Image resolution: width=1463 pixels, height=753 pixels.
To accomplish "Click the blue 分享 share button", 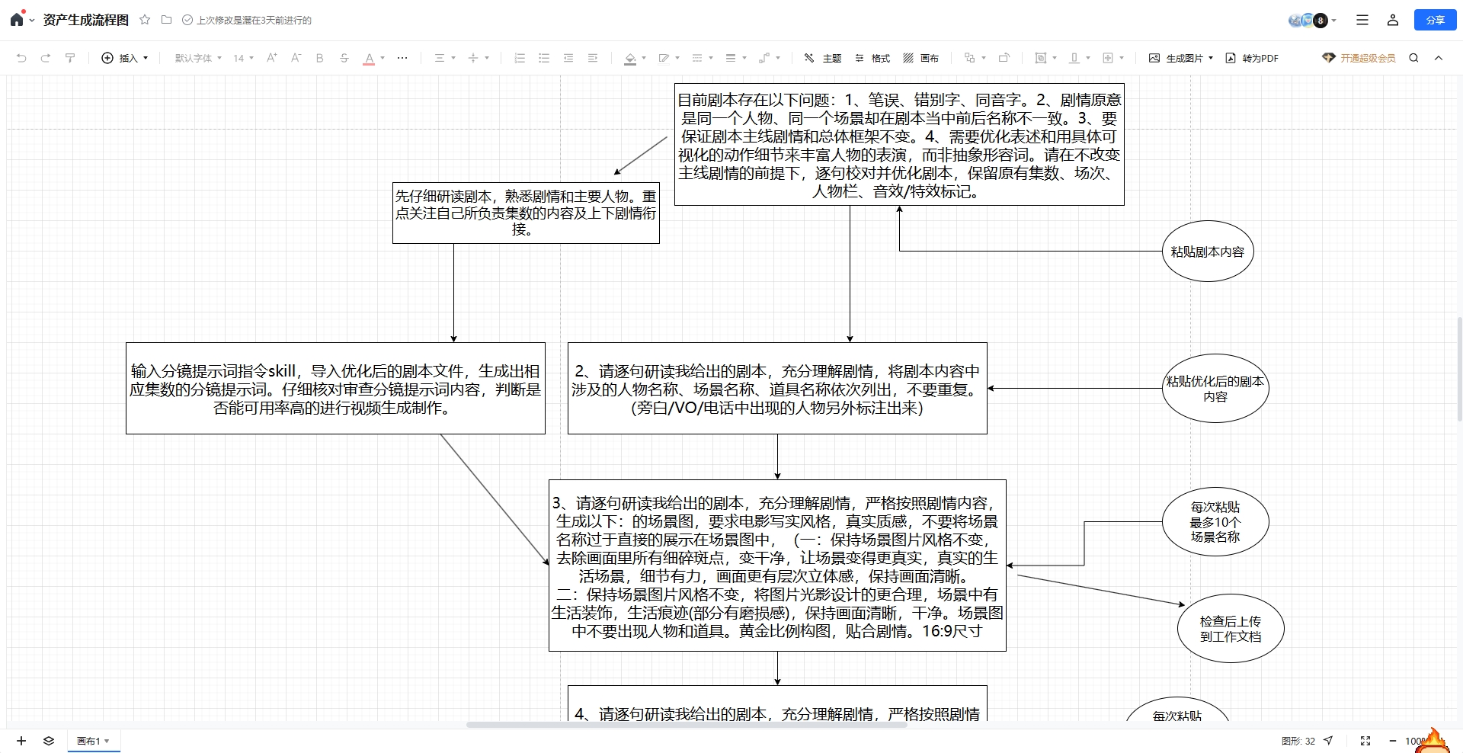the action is coord(1435,20).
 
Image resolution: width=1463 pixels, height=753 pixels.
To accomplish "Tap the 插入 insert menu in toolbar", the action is coord(125,58).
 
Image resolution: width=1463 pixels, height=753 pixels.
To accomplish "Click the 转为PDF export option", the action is coord(1252,58).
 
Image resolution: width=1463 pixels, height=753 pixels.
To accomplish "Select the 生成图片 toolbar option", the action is coord(1181,58).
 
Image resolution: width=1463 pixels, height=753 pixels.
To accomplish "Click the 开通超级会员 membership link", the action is coord(1359,58).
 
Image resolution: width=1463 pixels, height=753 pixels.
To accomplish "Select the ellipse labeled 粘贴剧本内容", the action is coord(1208,252).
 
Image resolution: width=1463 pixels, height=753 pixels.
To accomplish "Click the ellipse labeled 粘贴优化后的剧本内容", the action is coord(1215,389).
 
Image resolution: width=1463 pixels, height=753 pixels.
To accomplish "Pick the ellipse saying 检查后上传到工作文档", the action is coord(1231,629).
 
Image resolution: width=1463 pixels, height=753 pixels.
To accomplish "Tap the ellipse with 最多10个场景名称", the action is coord(1215,522).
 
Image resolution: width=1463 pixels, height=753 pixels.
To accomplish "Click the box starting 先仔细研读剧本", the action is coord(526,213).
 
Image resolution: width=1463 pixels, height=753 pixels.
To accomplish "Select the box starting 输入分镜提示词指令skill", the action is coord(335,389).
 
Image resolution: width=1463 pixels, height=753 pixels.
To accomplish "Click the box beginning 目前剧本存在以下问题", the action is coord(899,145).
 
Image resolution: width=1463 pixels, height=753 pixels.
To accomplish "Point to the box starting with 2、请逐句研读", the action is coord(777,389).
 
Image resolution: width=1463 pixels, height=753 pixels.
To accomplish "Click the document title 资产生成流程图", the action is coord(86,20).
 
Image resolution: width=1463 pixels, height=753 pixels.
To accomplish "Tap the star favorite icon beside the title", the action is coord(145,20).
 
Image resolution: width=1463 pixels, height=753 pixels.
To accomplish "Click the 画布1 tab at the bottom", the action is coord(93,741).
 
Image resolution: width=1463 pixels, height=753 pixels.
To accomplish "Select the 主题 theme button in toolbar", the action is coord(822,58).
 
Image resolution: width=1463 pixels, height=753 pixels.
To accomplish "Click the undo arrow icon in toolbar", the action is coord(21,58).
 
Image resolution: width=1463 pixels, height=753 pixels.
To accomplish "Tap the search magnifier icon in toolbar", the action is coord(1413,58).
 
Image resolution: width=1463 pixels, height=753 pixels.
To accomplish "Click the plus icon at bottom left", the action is coord(21,741).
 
